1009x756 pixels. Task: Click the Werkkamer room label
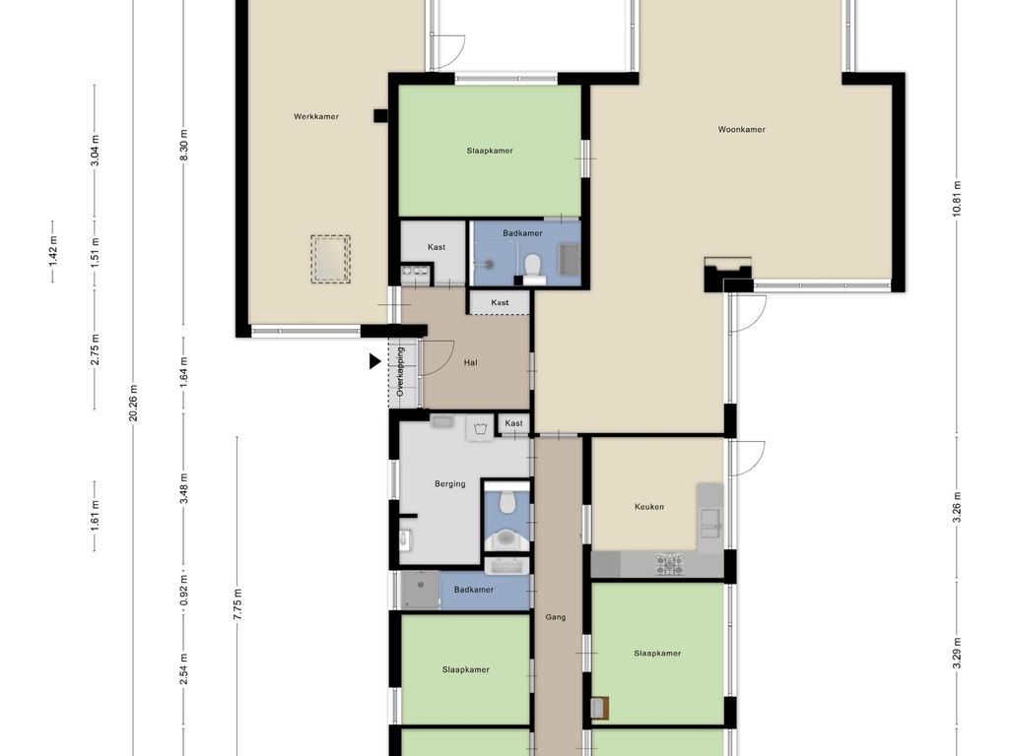tap(316, 116)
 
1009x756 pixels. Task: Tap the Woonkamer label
tap(741, 129)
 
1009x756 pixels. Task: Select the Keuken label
tap(649, 507)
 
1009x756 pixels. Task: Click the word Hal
tap(471, 362)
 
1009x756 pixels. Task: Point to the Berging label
tap(449, 484)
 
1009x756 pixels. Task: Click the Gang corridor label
tap(556, 617)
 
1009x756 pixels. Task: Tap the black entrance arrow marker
tap(374, 362)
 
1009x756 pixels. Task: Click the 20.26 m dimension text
tap(133, 403)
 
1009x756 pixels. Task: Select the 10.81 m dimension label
tap(957, 199)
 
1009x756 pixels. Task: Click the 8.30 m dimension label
tap(184, 146)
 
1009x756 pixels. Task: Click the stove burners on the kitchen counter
tap(669, 564)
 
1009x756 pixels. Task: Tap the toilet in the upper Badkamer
tap(533, 268)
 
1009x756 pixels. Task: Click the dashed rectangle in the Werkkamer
tap(331, 259)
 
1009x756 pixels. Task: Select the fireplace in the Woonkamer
tap(728, 275)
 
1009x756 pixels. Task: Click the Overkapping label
tap(400, 371)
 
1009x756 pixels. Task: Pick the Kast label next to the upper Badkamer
tap(437, 247)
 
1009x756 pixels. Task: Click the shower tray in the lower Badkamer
tap(420, 591)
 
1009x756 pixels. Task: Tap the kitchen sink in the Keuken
tap(711, 523)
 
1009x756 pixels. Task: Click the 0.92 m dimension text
tap(184, 591)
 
